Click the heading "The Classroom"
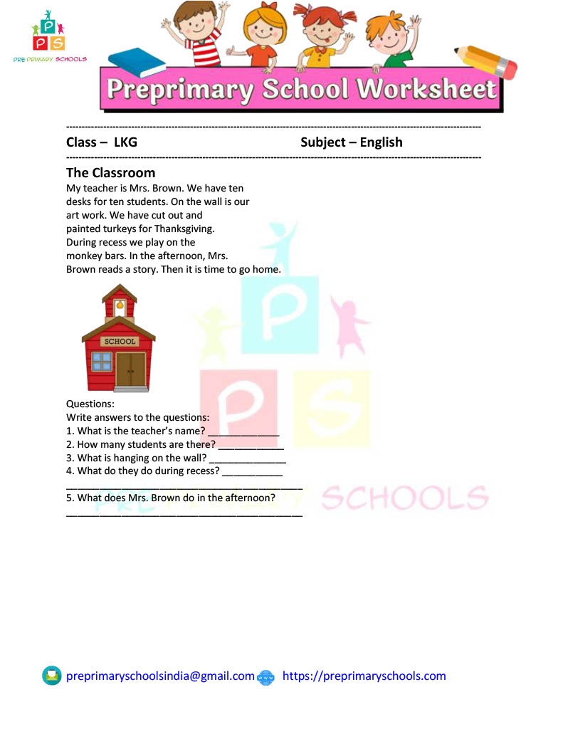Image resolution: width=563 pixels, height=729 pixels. point(110,173)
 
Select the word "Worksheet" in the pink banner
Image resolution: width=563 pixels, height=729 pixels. point(426,90)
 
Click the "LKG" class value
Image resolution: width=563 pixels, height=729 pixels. point(125,142)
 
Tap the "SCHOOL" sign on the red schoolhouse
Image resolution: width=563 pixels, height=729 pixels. point(119,341)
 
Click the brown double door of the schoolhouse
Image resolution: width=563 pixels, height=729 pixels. point(131,369)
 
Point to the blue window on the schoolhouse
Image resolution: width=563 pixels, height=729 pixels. point(102,362)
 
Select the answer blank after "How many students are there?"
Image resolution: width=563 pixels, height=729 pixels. point(251,446)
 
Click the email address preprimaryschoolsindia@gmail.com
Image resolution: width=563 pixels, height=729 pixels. point(160,676)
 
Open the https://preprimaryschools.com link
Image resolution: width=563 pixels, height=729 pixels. point(364,676)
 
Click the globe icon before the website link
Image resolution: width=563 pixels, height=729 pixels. point(265,677)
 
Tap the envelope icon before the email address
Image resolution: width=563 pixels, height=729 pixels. point(52,676)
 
